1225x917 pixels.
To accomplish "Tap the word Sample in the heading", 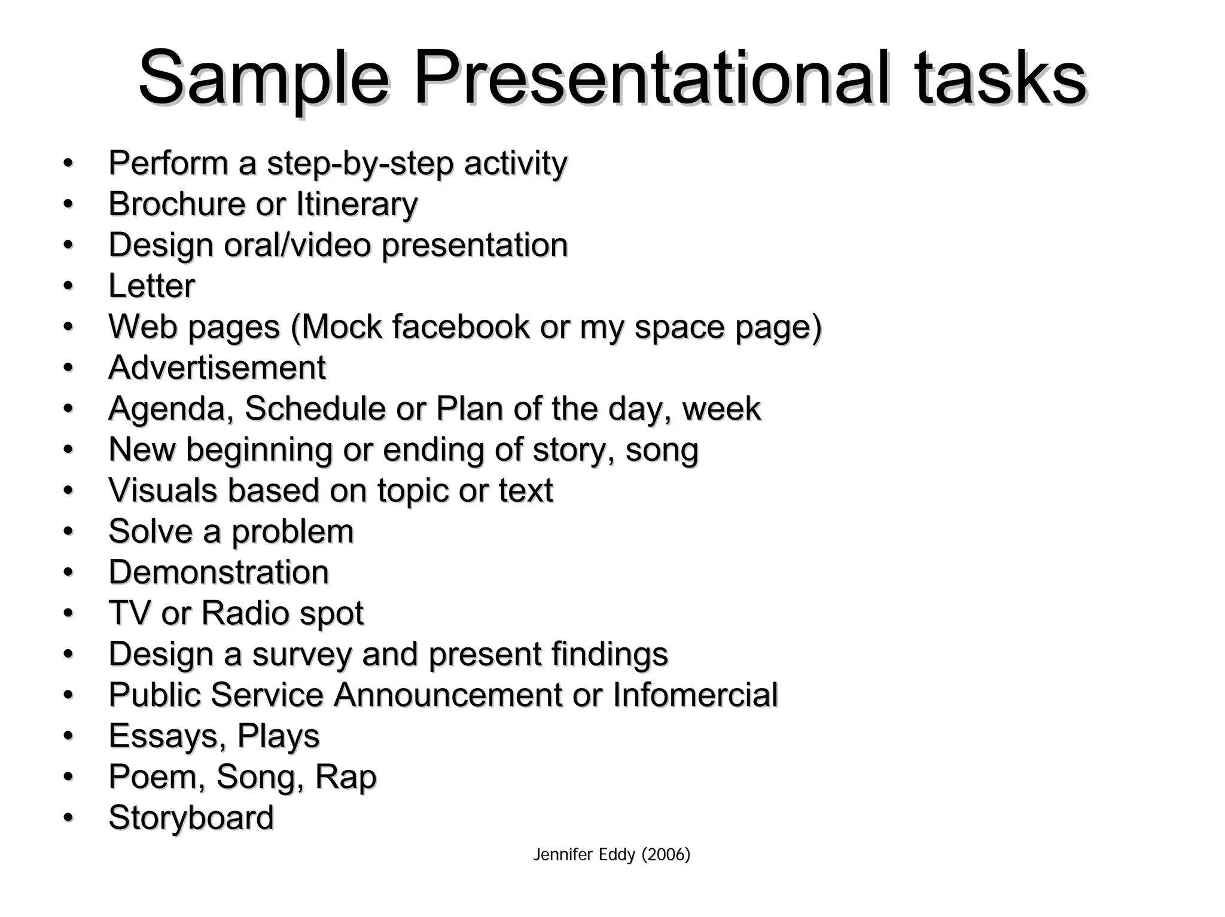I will (x=264, y=79).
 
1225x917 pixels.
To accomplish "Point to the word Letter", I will (x=152, y=286).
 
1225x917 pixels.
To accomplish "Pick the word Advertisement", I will (x=217, y=368).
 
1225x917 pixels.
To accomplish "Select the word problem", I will (x=292, y=532).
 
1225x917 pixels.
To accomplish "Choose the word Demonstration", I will (x=219, y=572).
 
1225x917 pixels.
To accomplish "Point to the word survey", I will (x=302, y=655).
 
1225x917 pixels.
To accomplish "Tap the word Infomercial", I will (x=695, y=695).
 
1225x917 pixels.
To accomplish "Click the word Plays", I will (x=278, y=736).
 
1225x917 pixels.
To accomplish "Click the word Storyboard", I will (x=191, y=818).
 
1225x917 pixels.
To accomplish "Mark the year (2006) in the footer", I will (x=666, y=855).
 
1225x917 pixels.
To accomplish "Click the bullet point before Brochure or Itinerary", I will (x=68, y=204).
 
